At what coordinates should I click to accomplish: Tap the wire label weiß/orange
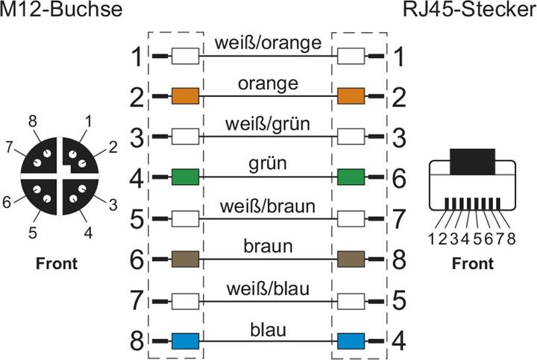pyautogui.click(x=268, y=43)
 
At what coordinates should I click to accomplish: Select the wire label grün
pyautogui.click(x=268, y=164)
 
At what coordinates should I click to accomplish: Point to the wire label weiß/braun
pyautogui.click(x=268, y=206)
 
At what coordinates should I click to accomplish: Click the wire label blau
pyautogui.click(x=268, y=330)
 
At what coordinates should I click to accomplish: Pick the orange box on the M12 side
pyautogui.click(x=185, y=96)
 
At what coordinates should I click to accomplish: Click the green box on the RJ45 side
pyautogui.click(x=351, y=177)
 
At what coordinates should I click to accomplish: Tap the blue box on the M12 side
pyautogui.click(x=185, y=341)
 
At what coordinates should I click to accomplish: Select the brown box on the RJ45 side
pyautogui.click(x=351, y=259)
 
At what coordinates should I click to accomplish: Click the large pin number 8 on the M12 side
pyautogui.click(x=137, y=341)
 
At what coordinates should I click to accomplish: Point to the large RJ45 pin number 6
pyautogui.click(x=399, y=178)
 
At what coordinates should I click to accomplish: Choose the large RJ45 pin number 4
pyautogui.click(x=399, y=341)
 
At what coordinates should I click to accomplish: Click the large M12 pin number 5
pyautogui.click(x=137, y=219)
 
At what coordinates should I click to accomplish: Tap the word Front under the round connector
pyautogui.click(x=57, y=264)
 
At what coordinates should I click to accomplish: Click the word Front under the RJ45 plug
pyautogui.click(x=473, y=264)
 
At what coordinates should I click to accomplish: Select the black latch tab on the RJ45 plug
pyautogui.click(x=473, y=162)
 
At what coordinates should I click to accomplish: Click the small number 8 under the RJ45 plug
pyautogui.click(x=512, y=239)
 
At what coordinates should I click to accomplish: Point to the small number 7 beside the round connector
pyautogui.click(x=9, y=148)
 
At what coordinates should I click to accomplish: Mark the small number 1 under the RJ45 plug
pyautogui.click(x=432, y=239)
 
